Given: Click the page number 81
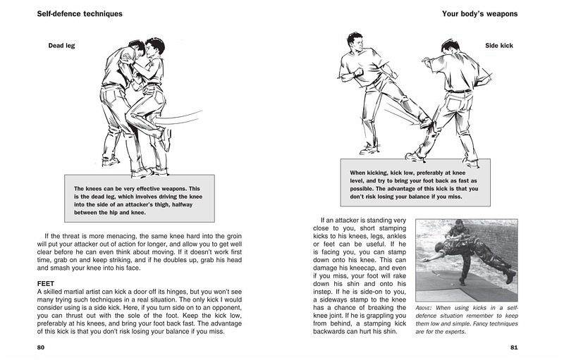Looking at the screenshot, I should pyautogui.click(x=513, y=348).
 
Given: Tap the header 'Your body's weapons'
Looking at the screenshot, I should pyautogui.click(x=479, y=13).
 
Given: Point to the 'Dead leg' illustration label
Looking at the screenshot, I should pyautogui.click(x=61, y=46).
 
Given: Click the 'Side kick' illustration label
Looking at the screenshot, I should pyautogui.click(x=500, y=46).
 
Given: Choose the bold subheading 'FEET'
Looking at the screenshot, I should pyautogui.click(x=46, y=283).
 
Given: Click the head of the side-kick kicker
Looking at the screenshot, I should pyautogui.click(x=355, y=42).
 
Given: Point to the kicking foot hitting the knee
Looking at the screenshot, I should pyautogui.click(x=425, y=122).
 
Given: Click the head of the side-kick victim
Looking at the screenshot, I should pyautogui.click(x=450, y=48).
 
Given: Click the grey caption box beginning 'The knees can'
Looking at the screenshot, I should pyautogui.click(x=139, y=199).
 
